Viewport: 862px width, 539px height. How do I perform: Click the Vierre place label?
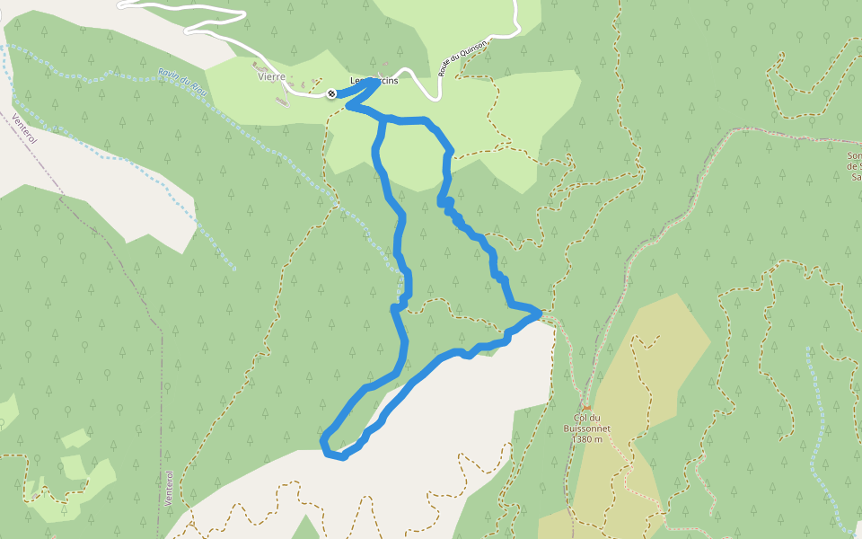pyautogui.click(x=271, y=77)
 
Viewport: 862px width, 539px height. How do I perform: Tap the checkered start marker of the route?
pyautogui.click(x=331, y=93)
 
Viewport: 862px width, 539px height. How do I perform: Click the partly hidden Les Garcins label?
pyautogui.click(x=374, y=80)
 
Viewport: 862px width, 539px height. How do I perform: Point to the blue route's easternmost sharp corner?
pyautogui.click(x=539, y=313)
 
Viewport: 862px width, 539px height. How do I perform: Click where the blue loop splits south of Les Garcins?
pyautogui.click(x=385, y=119)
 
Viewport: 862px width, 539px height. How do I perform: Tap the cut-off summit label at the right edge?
pyautogui.click(x=853, y=166)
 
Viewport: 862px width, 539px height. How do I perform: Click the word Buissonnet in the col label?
pyautogui.click(x=586, y=429)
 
